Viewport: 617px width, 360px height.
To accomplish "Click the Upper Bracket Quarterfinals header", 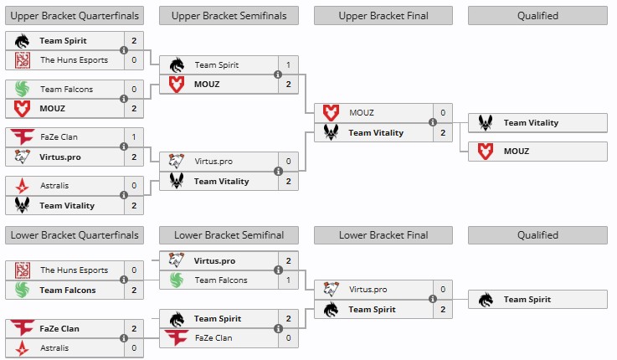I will point(75,15).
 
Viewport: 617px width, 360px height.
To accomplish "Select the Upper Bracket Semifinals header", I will point(229,15).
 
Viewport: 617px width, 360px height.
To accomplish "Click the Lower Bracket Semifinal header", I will point(229,235).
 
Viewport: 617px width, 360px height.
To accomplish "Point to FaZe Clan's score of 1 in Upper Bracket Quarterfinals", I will point(134,136).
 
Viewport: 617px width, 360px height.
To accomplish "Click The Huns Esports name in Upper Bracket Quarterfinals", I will point(74,59).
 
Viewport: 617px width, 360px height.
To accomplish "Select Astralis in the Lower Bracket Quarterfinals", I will point(54,347).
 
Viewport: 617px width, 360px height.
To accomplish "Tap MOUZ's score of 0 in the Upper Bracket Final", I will point(442,113).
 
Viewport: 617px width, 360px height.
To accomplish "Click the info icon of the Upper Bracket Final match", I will point(432,122).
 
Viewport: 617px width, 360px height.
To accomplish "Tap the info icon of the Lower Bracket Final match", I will point(432,299).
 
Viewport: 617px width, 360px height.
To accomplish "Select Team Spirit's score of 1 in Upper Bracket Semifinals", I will point(288,64).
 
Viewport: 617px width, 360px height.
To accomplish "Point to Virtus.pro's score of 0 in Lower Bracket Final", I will point(442,290).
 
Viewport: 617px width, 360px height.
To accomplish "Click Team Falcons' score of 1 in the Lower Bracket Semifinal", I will point(288,280).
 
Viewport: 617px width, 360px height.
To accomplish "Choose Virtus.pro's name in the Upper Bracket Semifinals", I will point(213,162).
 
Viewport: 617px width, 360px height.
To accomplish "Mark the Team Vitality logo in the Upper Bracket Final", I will point(331,132).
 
